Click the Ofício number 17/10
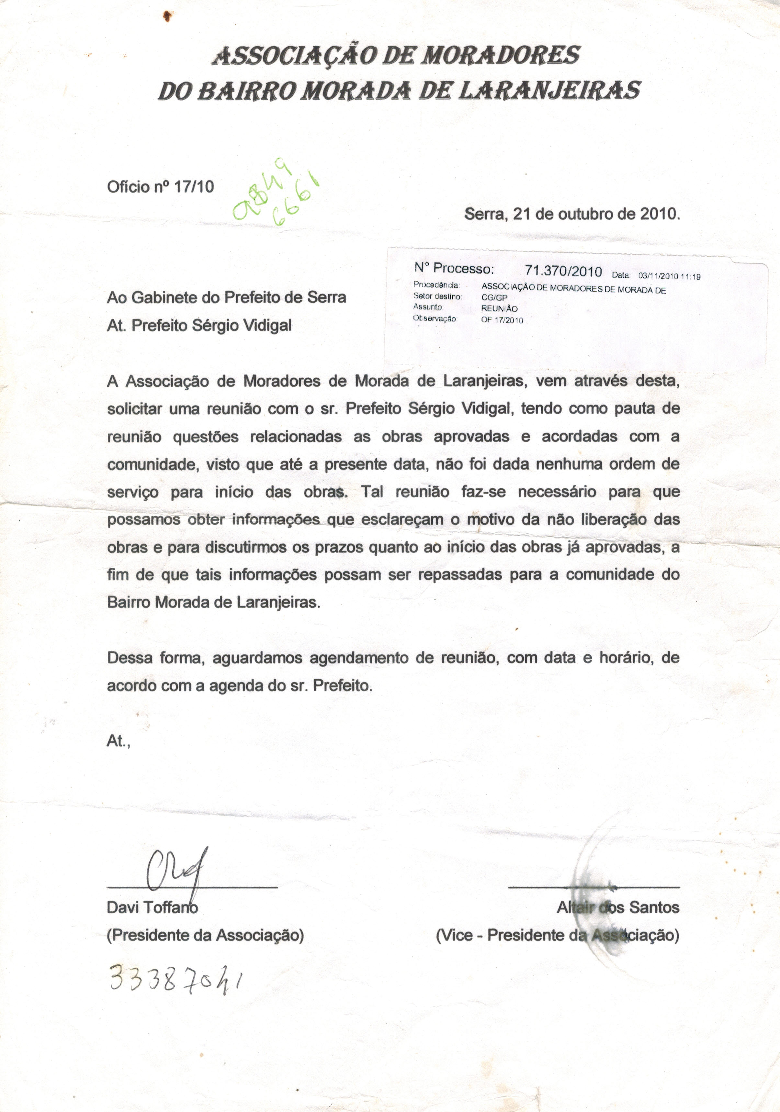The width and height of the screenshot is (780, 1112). click(x=194, y=186)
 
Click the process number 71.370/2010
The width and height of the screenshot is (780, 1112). click(x=563, y=271)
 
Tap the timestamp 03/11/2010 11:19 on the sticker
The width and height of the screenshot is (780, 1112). click(x=669, y=277)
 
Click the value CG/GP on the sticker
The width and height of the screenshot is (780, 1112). click(x=494, y=298)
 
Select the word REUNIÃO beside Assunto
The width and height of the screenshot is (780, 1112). click(x=499, y=308)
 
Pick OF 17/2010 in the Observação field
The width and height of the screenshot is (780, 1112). click(x=502, y=320)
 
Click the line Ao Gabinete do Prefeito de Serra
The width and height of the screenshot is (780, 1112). click(x=226, y=297)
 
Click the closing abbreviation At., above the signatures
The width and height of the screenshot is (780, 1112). click(x=118, y=741)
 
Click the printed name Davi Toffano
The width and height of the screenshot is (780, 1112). click(x=152, y=907)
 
